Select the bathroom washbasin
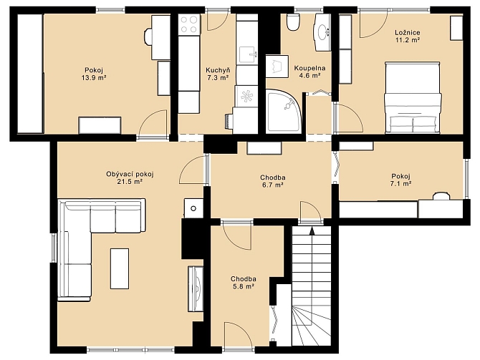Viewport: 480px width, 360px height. [322, 31]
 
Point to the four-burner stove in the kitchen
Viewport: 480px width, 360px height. [188, 24]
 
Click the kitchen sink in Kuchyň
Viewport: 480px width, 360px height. [247, 55]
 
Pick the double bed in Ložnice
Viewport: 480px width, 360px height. [413, 97]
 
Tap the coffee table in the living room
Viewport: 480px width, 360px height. [120, 268]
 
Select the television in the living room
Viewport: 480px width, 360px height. [196, 289]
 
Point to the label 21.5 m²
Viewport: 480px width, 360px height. [130, 182]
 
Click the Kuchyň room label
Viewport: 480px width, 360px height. [218, 70]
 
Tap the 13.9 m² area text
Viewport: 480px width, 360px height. [94, 77]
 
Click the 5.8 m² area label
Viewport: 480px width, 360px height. [243, 286]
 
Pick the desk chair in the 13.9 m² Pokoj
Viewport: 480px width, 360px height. [148, 37]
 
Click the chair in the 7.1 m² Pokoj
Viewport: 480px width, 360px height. [441, 196]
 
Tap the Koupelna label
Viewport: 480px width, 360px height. [309, 68]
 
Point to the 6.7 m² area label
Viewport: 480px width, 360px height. [273, 185]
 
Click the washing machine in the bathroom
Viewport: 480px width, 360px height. [277, 66]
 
